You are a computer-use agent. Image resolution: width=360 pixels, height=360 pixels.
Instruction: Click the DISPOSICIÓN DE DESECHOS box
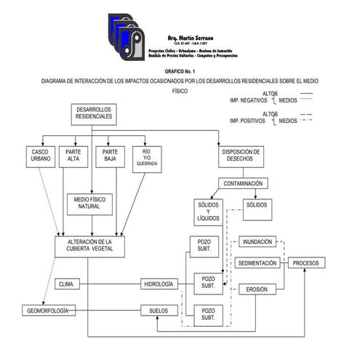click(241, 156)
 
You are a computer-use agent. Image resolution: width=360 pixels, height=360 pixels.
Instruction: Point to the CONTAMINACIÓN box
click(244, 183)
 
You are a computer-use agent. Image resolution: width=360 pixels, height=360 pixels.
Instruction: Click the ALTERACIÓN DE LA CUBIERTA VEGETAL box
click(89, 246)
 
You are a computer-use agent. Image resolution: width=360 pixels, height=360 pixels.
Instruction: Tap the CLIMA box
click(67, 284)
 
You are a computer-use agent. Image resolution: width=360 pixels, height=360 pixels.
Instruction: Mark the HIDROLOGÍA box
click(159, 284)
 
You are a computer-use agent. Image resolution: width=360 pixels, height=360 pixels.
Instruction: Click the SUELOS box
click(159, 311)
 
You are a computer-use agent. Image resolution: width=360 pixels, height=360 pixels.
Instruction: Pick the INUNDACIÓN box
click(257, 241)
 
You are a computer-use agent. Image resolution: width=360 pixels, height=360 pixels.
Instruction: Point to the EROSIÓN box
click(257, 289)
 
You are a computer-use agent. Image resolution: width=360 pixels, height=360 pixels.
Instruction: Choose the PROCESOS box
click(305, 263)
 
